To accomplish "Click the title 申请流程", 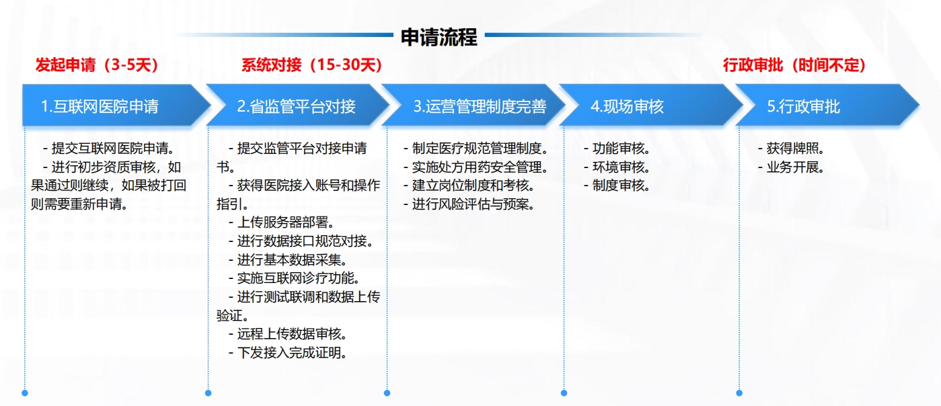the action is pos(439,37).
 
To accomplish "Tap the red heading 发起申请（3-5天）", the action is pos(97,65).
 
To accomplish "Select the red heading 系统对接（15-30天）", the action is pos(311,65).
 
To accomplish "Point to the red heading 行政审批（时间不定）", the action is pos(794,65).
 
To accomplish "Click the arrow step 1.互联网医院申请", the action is pos(116,106).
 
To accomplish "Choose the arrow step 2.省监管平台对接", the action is pos(297,106).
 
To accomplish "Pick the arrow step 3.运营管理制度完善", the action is pos(474,106).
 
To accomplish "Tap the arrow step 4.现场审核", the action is pos(650,106).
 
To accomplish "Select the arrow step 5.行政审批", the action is pos(827,106).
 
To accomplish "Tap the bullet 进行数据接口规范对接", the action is pos(301,241).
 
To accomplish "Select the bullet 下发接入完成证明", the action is pos(288,352).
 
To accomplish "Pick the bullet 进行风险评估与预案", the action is pos(469,204).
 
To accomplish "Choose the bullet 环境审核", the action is pos(617,167).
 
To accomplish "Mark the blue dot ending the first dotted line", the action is pos(25,393).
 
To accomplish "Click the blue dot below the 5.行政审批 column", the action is pos(739,393).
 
